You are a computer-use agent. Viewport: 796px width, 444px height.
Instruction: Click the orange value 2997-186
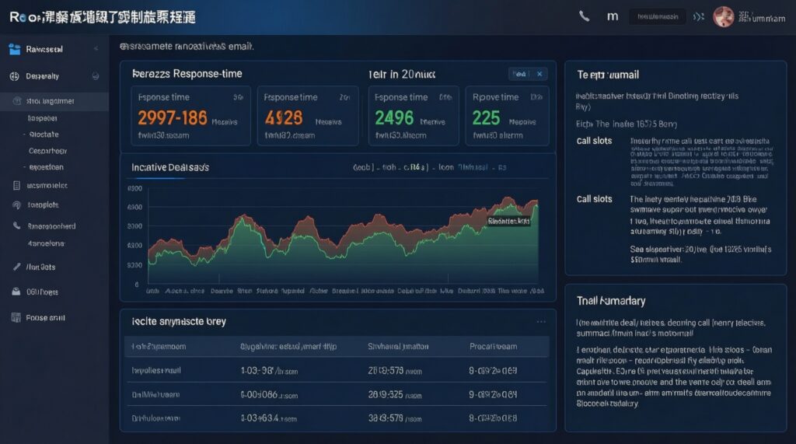pyautogui.click(x=172, y=117)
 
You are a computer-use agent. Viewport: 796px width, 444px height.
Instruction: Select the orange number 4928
pyautogui.click(x=284, y=117)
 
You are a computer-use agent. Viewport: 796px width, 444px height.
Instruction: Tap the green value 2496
pyautogui.click(x=394, y=117)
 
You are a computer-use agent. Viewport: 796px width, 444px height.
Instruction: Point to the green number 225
pyautogui.click(x=486, y=117)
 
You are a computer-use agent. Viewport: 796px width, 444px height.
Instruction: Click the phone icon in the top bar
pyautogui.click(x=585, y=16)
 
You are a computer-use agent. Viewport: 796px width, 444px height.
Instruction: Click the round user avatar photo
pyautogui.click(x=723, y=16)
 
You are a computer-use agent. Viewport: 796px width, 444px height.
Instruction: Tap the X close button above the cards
pyautogui.click(x=540, y=74)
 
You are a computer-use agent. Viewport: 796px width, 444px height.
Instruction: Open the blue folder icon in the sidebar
pyautogui.click(x=14, y=49)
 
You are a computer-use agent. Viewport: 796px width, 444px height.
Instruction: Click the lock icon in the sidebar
pyautogui.click(x=15, y=292)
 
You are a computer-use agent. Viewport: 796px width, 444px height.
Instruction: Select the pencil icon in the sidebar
pyautogui.click(x=16, y=267)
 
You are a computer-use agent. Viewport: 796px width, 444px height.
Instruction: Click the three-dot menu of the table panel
pyautogui.click(x=541, y=320)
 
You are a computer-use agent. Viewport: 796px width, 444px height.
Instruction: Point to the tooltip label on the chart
pyautogui.click(x=508, y=221)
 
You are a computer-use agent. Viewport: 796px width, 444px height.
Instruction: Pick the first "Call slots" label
pyautogui.click(x=594, y=141)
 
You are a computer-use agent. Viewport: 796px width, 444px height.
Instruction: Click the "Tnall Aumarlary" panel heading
pyautogui.click(x=611, y=300)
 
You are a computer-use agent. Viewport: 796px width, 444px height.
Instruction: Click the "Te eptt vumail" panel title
pyautogui.click(x=607, y=75)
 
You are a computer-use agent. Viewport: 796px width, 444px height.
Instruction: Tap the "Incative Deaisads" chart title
pyautogui.click(x=169, y=167)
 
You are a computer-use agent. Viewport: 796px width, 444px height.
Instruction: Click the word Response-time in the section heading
pyautogui.click(x=208, y=74)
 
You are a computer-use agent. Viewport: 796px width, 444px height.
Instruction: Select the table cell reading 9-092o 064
pyautogui.click(x=494, y=396)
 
